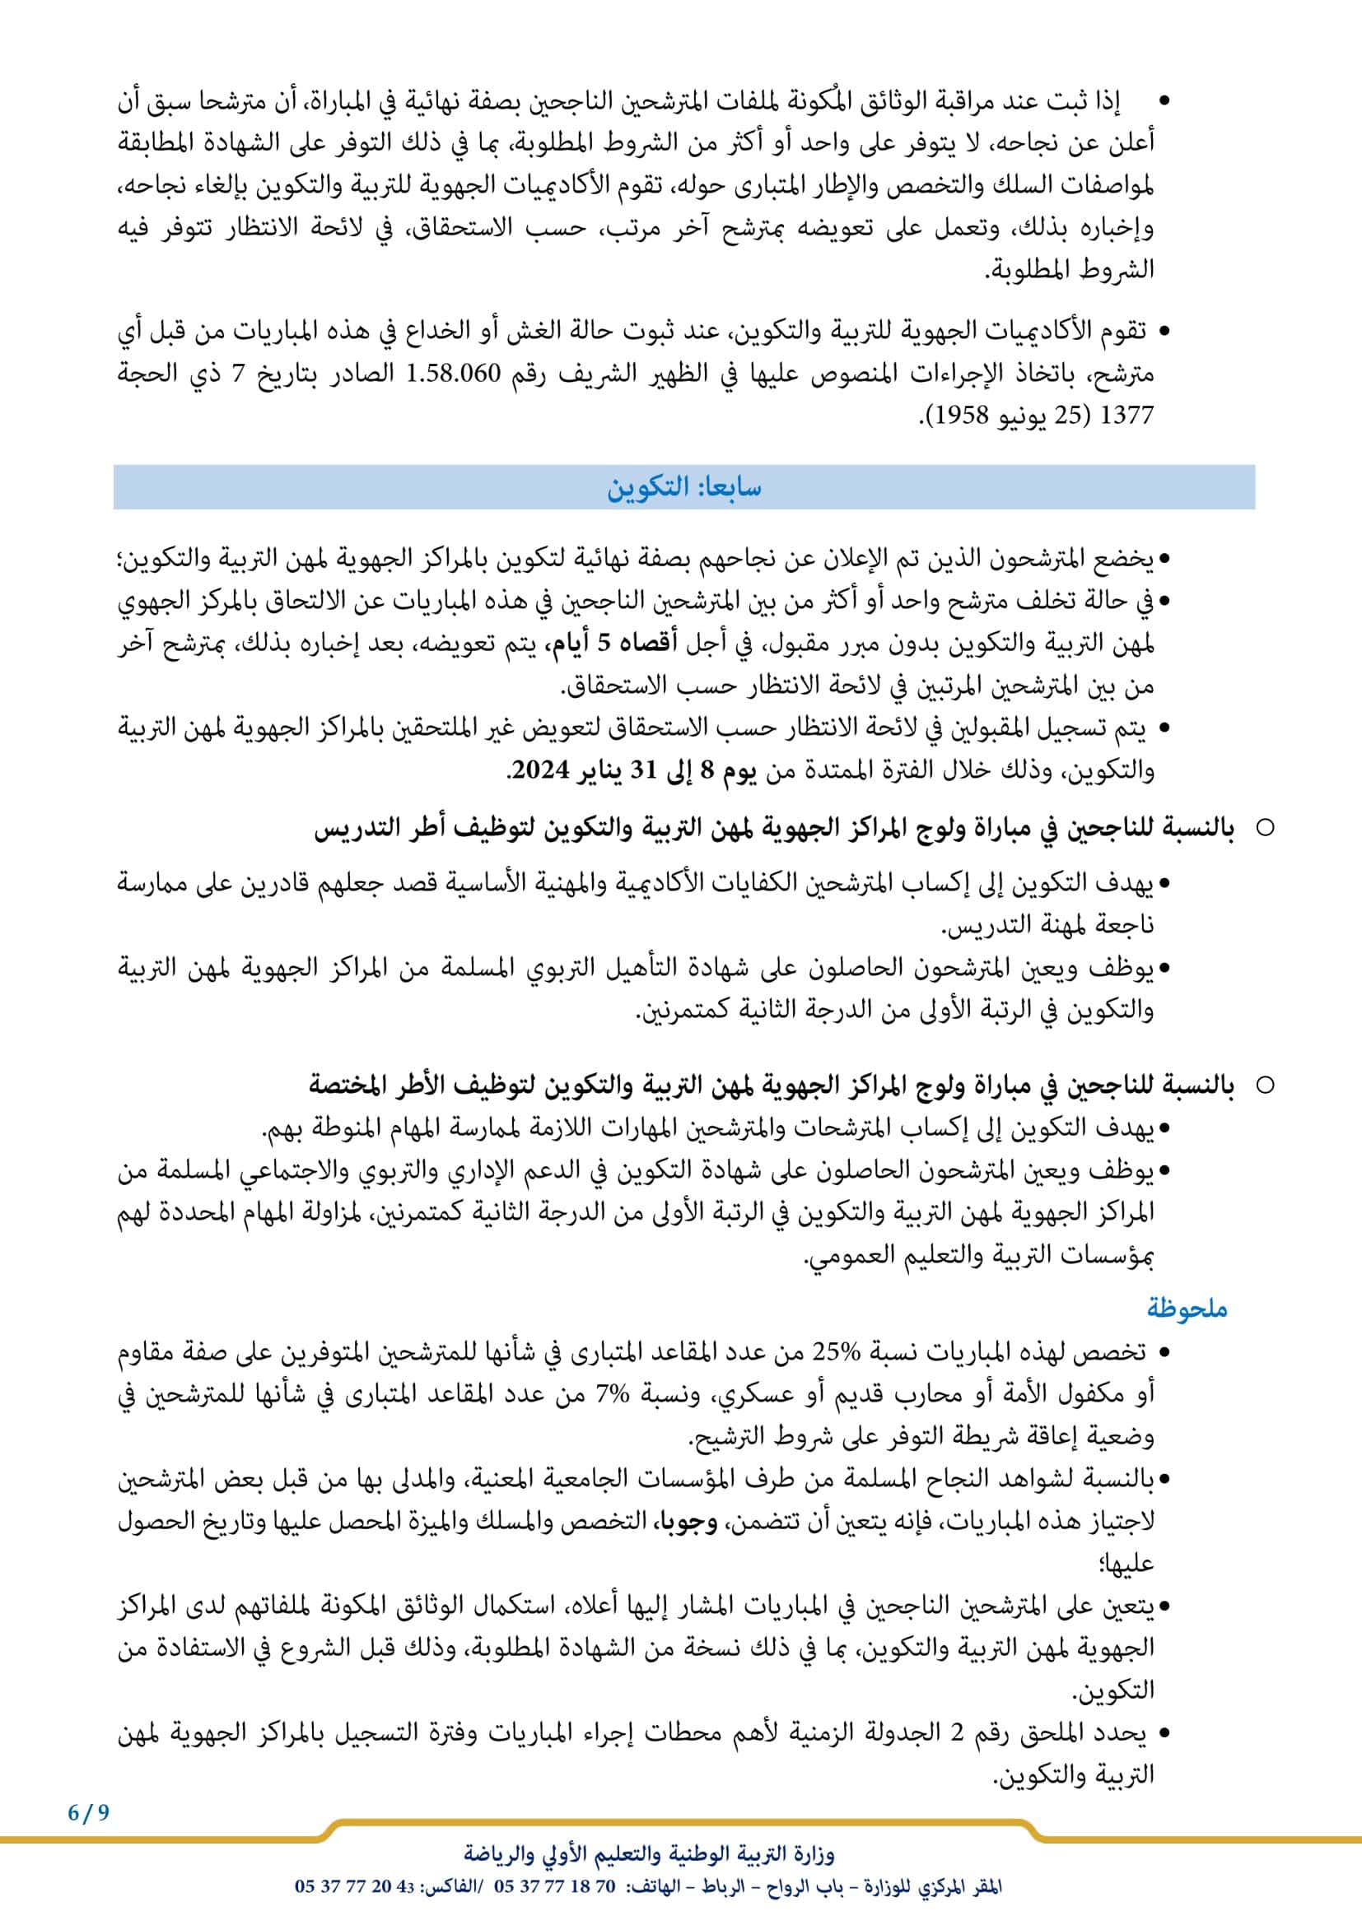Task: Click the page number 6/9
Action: pos(89,1812)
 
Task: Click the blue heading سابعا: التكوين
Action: pos(683,488)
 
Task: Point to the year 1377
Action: pos(1130,416)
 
